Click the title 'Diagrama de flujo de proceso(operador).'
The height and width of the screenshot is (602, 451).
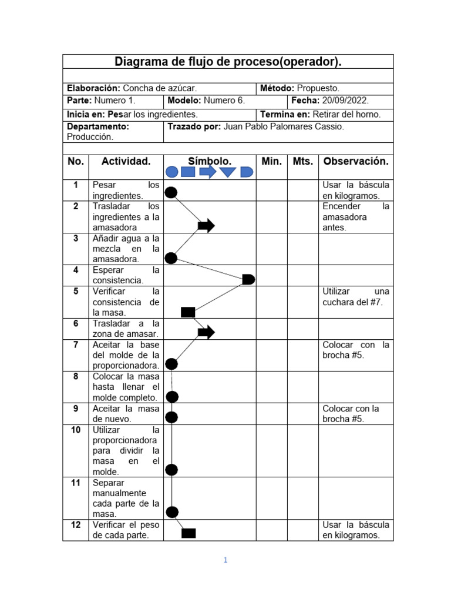(x=228, y=62)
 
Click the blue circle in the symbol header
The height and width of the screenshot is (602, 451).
(x=172, y=172)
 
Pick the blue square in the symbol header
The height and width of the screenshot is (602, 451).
(x=188, y=172)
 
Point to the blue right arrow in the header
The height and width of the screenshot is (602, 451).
(x=208, y=172)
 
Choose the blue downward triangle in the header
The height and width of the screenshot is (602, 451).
(x=227, y=172)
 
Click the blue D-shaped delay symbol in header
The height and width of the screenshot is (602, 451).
(x=247, y=172)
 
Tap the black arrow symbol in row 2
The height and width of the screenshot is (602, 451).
(x=206, y=226)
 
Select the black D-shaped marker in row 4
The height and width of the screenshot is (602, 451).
(x=248, y=279)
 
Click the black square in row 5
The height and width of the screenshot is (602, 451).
(x=188, y=312)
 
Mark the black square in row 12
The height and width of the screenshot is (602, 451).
(x=189, y=533)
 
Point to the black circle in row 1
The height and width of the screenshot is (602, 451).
(x=171, y=192)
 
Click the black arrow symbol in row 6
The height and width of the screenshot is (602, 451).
(x=206, y=333)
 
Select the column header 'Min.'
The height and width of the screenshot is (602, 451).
(x=271, y=161)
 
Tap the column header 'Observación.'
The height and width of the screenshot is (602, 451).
(x=356, y=161)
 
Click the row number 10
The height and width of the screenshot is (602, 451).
(x=76, y=430)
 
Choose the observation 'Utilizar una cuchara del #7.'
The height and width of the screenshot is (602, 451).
(x=356, y=297)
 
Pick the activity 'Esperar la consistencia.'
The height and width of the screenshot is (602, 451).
(x=126, y=275)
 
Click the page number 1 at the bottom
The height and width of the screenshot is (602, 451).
(x=225, y=560)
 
